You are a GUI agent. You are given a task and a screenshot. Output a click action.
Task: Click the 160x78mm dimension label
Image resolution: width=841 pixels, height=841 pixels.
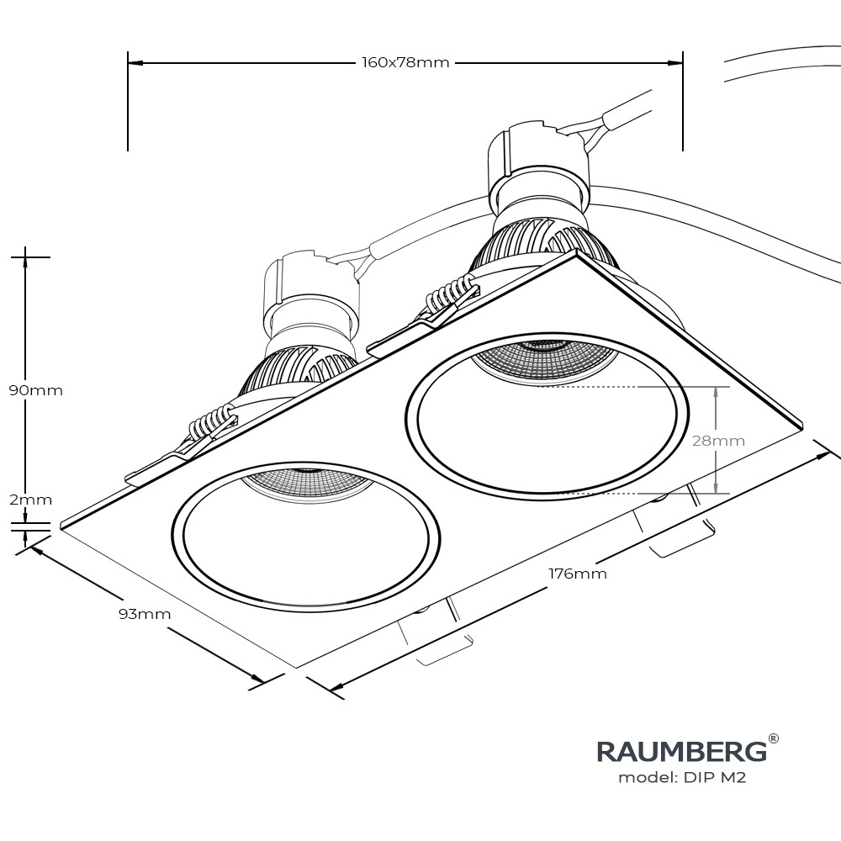405,63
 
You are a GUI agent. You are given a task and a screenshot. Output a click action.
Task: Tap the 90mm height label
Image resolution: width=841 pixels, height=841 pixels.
35,390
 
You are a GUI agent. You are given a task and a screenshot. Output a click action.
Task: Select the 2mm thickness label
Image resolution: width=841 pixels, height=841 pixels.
30,500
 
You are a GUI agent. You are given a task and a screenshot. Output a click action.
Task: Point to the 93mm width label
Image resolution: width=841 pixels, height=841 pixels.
144,614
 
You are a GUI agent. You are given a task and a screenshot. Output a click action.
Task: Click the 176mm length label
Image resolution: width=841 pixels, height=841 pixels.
578,574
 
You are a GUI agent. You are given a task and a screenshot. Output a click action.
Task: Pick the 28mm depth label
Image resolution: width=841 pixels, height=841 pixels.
718,441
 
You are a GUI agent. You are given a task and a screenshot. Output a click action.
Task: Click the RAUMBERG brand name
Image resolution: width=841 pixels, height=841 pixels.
681,750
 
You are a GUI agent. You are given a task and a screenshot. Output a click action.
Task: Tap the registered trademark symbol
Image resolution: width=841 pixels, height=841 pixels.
773,739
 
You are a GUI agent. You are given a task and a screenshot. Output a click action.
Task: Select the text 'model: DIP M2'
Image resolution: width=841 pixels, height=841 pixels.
682,778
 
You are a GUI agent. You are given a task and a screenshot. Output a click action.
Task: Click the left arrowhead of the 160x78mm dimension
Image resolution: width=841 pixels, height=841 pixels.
135,63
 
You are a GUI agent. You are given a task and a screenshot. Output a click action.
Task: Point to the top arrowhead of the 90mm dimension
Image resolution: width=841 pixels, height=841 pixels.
26,260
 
